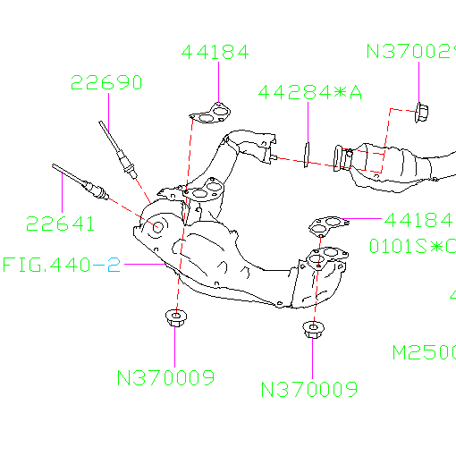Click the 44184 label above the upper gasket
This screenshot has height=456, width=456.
(x=215, y=52)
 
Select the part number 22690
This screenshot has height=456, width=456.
(x=106, y=83)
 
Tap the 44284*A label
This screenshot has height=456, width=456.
(x=309, y=92)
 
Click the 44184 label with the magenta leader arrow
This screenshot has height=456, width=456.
(x=418, y=219)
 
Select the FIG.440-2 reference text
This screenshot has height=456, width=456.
(x=61, y=266)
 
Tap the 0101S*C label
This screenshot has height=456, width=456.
(x=412, y=245)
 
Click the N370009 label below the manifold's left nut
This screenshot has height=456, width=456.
(x=165, y=377)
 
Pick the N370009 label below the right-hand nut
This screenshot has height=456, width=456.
(x=308, y=389)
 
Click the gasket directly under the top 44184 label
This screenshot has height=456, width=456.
(x=211, y=114)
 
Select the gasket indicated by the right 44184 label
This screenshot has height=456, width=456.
(x=326, y=225)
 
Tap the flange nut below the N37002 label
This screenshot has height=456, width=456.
(x=421, y=113)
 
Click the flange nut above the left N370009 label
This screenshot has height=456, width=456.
(x=175, y=318)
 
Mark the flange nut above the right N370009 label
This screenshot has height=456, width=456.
(x=313, y=331)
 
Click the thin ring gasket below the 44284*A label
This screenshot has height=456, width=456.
(x=306, y=153)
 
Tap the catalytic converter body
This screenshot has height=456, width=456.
(x=393, y=165)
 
